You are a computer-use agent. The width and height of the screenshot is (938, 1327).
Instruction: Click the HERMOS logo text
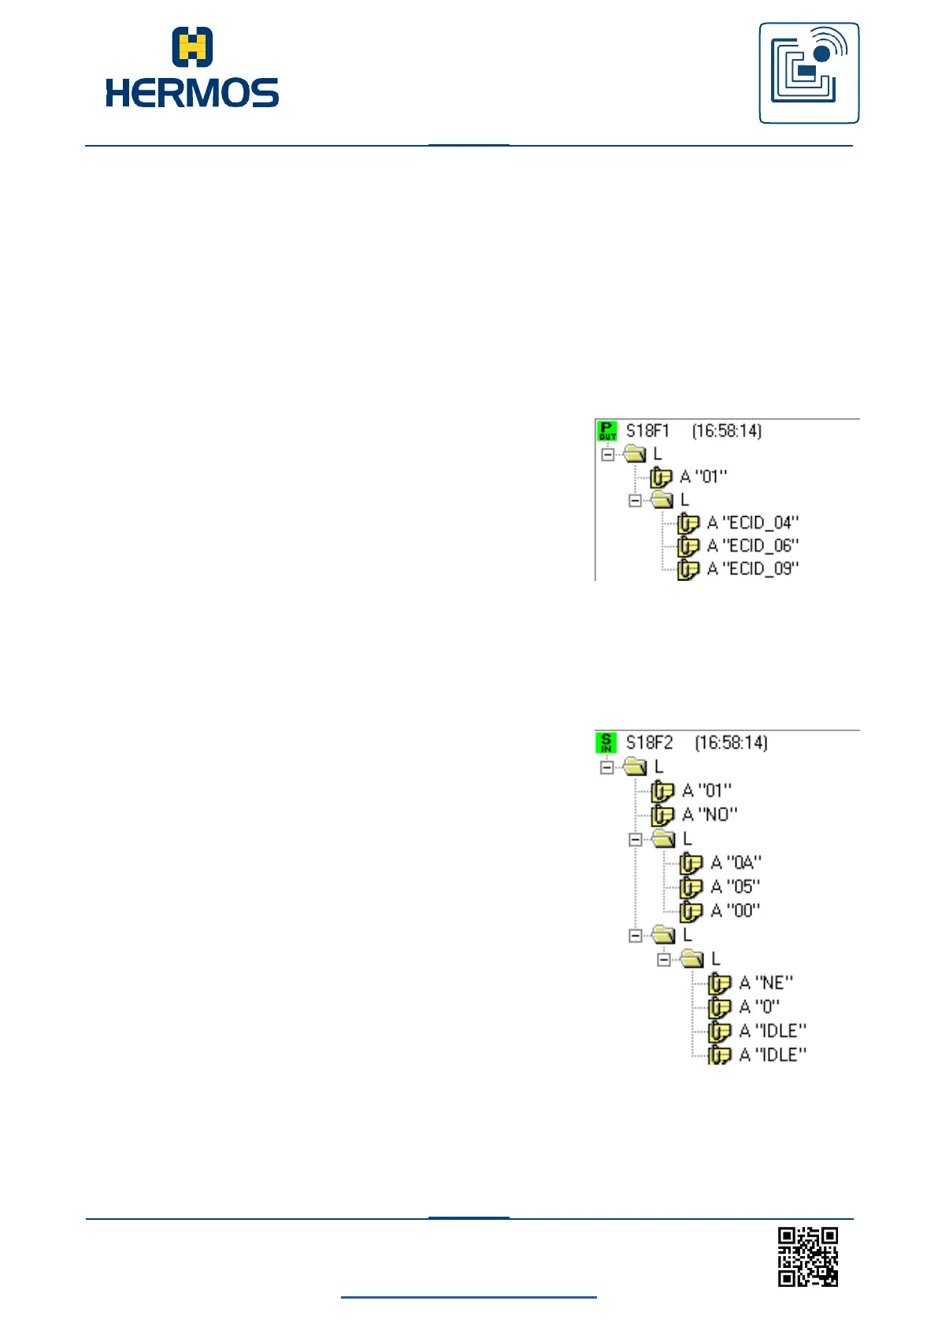click(x=192, y=93)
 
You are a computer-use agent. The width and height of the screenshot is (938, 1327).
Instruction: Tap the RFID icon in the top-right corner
click(x=809, y=73)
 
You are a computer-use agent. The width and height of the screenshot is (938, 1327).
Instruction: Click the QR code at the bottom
click(x=808, y=1256)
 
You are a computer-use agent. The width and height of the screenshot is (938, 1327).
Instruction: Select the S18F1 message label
click(x=647, y=431)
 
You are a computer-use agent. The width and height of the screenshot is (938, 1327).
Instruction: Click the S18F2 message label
click(x=649, y=743)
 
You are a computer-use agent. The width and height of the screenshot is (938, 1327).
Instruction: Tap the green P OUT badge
click(x=607, y=430)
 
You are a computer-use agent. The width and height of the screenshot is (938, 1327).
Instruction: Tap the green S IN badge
click(x=606, y=742)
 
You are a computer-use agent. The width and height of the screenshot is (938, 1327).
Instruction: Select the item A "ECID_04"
click(x=752, y=522)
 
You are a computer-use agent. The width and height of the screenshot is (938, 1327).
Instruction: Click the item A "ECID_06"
click(x=752, y=545)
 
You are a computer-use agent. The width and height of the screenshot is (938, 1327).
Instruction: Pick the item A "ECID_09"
click(x=752, y=569)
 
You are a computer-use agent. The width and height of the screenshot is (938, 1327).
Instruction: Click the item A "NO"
click(x=709, y=814)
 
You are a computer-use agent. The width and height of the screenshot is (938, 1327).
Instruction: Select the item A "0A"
click(x=736, y=863)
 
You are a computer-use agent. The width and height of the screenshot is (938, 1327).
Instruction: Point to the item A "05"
click(x=735, y=887)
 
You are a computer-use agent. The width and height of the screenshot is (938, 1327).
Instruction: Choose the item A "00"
click(x=735, y=911)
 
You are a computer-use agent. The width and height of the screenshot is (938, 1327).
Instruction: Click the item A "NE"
click(x=766, y=983)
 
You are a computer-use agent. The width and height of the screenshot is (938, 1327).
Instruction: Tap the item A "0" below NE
click(x=759, y=1007)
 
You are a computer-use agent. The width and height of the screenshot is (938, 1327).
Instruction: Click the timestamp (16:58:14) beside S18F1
click(x=727, y=431)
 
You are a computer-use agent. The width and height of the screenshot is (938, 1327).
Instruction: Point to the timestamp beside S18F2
click(x=731, y=743)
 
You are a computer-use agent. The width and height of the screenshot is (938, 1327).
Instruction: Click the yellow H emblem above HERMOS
click(x=192, y=46)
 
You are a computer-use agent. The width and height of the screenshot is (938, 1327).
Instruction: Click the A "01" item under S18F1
click(x=703, y=477)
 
